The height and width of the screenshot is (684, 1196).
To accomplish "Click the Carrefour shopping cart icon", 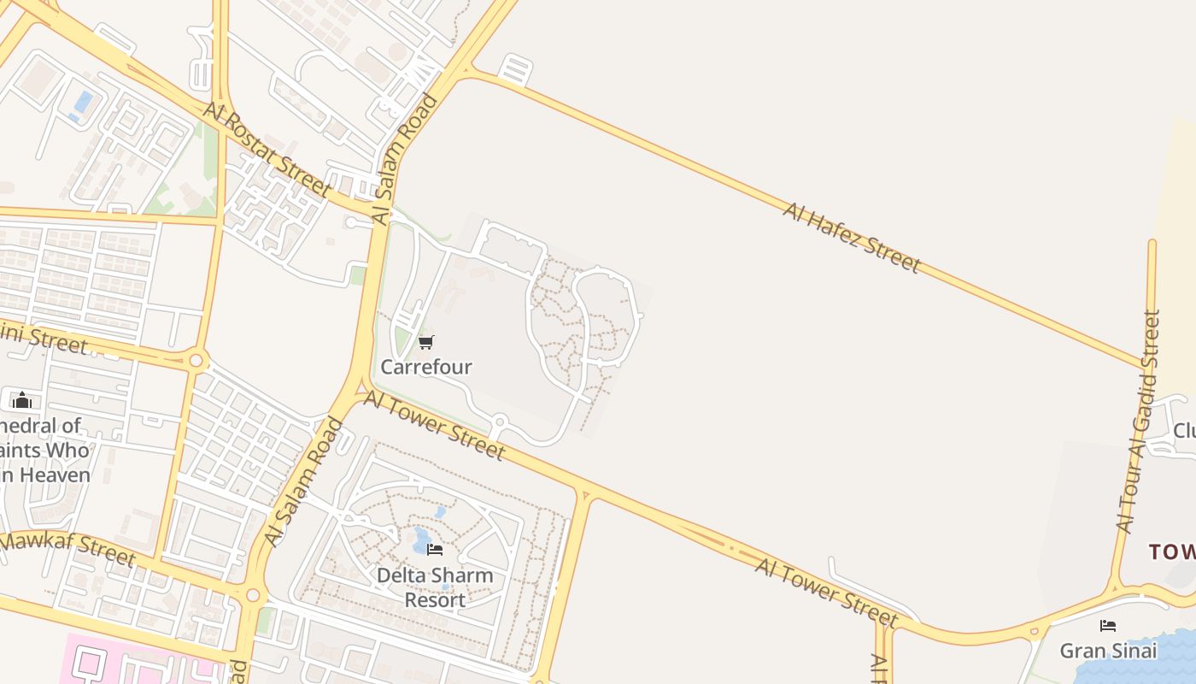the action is pos(425,343).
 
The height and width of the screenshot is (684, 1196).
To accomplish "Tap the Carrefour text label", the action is pos(425,367).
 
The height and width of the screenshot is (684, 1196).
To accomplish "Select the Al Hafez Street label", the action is pos(851,237).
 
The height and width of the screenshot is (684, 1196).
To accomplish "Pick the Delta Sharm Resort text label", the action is pos(435,587).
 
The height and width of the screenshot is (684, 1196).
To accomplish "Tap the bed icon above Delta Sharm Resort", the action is pos(435,550).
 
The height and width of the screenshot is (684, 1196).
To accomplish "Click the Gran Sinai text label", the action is pos(1108,651).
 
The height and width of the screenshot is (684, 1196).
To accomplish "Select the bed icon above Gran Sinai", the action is pos(1108,626).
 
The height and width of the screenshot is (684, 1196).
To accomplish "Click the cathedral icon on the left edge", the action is pos(22,399).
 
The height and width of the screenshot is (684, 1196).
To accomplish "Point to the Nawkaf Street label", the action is pos(68,550).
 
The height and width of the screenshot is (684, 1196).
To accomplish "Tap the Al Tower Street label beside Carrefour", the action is pos(434,425).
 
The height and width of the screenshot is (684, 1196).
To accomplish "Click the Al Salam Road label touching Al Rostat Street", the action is pos(406,159).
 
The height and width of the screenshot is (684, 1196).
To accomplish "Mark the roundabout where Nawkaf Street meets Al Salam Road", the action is pos(252,595).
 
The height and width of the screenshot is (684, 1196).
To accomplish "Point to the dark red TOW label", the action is pos(1171,551).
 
